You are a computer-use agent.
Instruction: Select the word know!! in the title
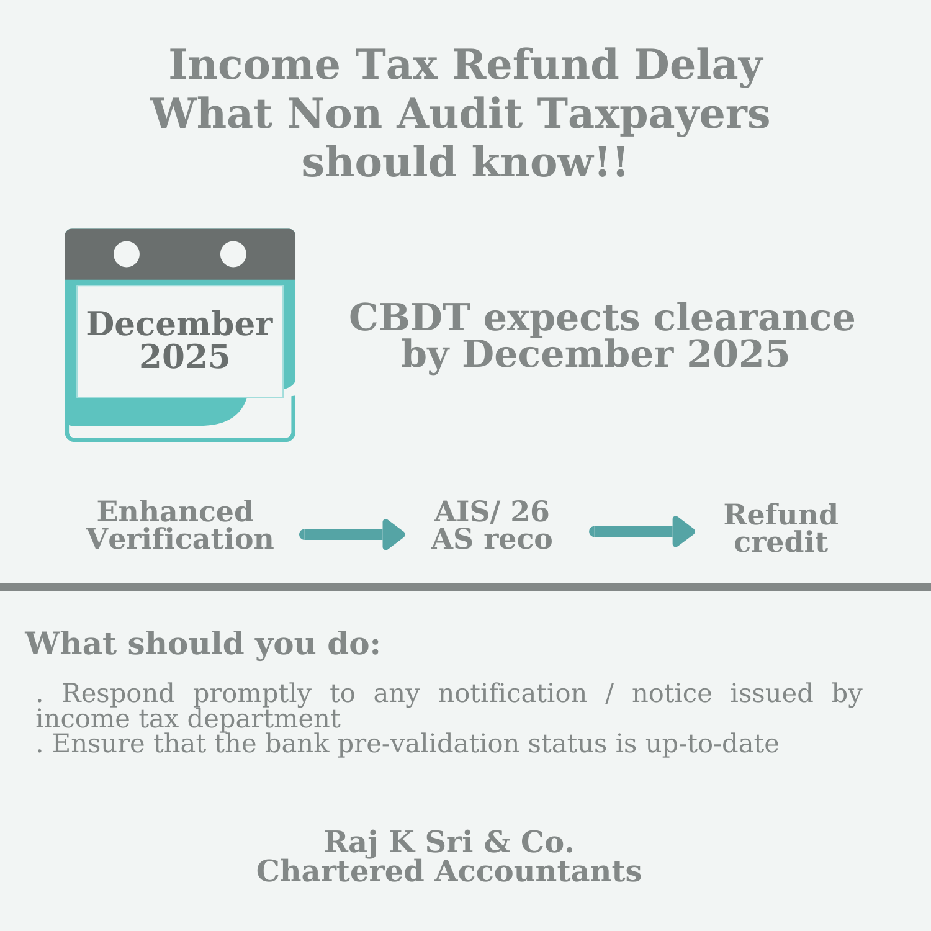[550, 163]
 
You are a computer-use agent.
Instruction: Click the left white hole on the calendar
[127, 254]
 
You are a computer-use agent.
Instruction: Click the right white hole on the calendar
[233, 254]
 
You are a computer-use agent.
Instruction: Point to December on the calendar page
[179, 324]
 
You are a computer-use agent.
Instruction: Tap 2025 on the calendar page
[184, 357]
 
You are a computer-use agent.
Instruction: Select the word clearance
[753, 318]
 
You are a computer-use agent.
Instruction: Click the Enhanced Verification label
[179, 526]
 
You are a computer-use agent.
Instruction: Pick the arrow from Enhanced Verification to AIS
[353, 534]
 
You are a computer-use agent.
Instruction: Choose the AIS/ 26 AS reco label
[492, 526]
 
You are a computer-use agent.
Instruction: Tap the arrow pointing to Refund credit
[642, 531]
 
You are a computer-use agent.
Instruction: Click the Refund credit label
[781, 528]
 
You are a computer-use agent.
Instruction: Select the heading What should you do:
[202, 644]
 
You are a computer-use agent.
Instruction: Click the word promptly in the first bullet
[251, 693]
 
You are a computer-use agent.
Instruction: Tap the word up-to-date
[712, 744]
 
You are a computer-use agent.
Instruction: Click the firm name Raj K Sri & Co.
[449, 842]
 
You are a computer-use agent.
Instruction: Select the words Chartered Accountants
[449, 871]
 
